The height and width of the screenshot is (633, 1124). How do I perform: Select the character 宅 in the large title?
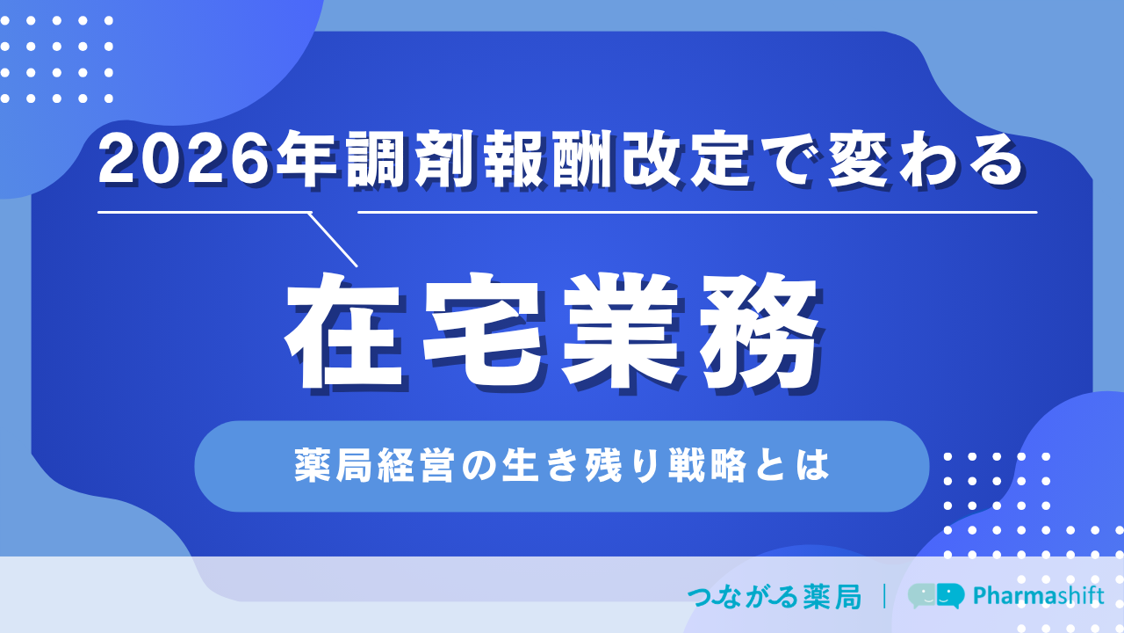coord(482,331)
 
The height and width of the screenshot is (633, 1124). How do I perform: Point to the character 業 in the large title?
coord(621,331)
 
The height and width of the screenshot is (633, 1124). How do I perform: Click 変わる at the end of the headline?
coord(925,159)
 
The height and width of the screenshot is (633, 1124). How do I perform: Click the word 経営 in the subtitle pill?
coord(416,466)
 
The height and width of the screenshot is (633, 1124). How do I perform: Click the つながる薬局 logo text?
coord(775,597)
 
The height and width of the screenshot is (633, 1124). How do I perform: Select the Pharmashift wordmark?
coord(1039,596)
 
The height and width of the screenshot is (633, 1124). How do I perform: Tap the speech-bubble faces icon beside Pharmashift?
coord(936,596)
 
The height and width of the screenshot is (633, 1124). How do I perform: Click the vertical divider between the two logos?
coord(884,596)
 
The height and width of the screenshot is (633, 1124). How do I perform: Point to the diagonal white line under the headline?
coord(332,240)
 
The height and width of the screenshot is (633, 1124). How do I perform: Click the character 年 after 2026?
coord(307,159)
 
